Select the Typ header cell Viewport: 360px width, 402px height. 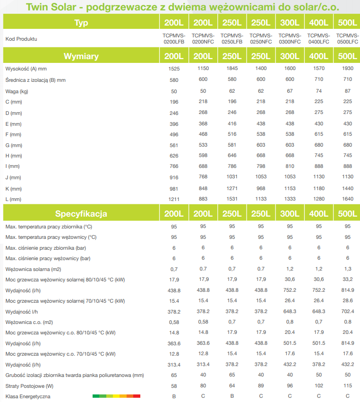click(81, 23)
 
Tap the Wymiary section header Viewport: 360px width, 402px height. click(81, 56)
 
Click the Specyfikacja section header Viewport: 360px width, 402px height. click(81, 214)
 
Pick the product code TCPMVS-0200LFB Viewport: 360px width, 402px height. click(174, 39)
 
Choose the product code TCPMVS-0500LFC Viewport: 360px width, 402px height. click(347, 39)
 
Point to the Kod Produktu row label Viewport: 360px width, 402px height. click(21, 39)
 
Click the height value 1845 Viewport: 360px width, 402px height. click(232, 69)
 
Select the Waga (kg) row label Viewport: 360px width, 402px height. click(17, 91)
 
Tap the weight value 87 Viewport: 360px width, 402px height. click(347, 91)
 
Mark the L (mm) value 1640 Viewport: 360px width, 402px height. click(347, 200)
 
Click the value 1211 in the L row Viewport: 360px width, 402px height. click(174, 200)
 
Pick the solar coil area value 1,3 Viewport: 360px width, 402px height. click(347, 269)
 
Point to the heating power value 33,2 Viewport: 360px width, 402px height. click(347, 280)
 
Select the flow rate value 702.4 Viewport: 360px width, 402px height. click(347, 312)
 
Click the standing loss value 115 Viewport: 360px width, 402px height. click(347, 385)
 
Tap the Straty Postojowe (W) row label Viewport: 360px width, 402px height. click(28, 386)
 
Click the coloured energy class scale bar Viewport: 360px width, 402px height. click(116, 396)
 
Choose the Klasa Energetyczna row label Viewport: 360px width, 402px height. click(28, 396)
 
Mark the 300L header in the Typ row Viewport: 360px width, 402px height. click(290, 23)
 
